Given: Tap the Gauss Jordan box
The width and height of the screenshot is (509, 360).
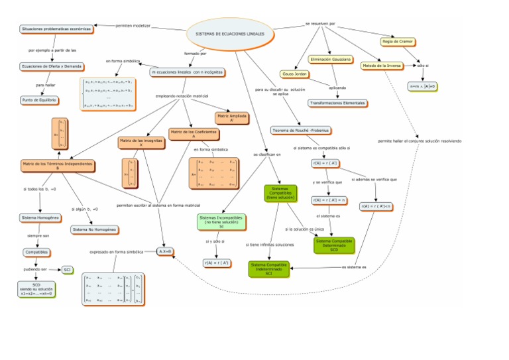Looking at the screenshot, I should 295,74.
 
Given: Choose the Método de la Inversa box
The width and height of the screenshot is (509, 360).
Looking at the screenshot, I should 382,66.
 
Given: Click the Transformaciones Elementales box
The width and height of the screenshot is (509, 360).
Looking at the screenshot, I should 337,103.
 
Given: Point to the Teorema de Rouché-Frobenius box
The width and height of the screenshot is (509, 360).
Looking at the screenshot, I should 301,130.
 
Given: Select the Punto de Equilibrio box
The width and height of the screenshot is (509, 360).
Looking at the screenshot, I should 40,100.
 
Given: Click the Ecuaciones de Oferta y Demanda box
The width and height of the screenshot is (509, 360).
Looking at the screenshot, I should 52,66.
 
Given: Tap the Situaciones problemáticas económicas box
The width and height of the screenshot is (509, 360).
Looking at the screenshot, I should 56,29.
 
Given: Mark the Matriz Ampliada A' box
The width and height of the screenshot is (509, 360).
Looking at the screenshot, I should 231,118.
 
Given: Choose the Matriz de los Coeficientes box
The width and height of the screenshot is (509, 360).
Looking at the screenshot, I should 194,133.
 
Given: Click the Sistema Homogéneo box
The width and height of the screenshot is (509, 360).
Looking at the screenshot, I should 41,217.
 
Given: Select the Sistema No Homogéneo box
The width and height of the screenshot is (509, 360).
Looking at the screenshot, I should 94,229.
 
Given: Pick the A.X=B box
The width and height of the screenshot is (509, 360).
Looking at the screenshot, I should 165,251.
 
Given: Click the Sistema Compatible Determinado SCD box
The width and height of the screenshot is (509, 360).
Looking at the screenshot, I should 334,245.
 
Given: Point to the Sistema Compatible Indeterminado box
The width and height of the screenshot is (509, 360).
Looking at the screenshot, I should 268,269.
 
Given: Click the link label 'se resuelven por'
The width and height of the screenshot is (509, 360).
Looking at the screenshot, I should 320,24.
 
